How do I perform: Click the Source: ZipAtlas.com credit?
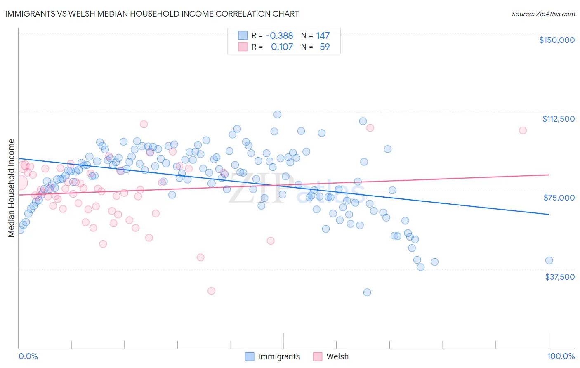point(543,14)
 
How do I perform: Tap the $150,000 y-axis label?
point(556,40)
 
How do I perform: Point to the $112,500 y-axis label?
point(558,119)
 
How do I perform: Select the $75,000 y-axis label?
point(559,198)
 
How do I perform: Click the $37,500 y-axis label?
point(559,277)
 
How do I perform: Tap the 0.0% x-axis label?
point(28,356)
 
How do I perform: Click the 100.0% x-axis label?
point(561,356)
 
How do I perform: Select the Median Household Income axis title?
point(11,188)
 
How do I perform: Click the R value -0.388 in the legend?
point(279,36)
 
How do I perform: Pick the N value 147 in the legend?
point(323,36)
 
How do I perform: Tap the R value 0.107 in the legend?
point(282,47)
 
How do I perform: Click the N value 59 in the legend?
point(325,47)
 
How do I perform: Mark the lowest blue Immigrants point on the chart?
point(367,293)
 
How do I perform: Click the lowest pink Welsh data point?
point(211,291)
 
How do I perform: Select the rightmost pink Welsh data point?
point(523,130)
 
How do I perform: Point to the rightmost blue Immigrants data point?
point(549,260)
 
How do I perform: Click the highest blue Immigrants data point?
point(277,114)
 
